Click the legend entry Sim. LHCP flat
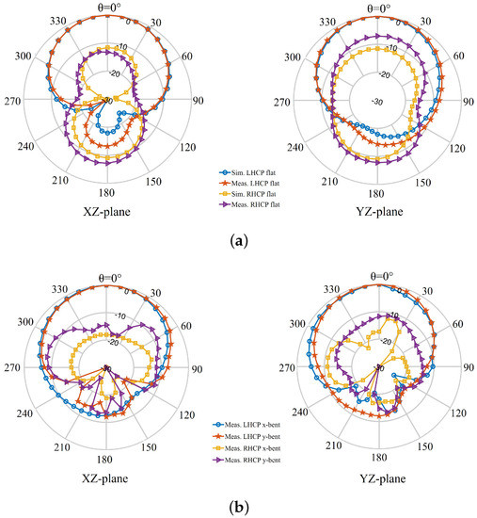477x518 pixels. pos(251,171)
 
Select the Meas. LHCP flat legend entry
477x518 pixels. pos(251,183)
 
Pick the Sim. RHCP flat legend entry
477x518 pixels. pos(251,193)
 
